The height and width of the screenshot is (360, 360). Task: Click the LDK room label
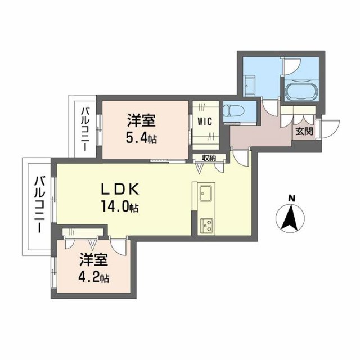124,189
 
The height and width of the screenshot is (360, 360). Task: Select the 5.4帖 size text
141,139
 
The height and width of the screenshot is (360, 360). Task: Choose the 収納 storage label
209,158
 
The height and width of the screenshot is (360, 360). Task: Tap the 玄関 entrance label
305,132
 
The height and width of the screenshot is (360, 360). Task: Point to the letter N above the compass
291,198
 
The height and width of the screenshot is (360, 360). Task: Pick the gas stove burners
206,226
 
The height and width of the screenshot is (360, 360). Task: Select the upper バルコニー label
84,129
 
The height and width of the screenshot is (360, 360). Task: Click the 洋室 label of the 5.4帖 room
141,120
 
